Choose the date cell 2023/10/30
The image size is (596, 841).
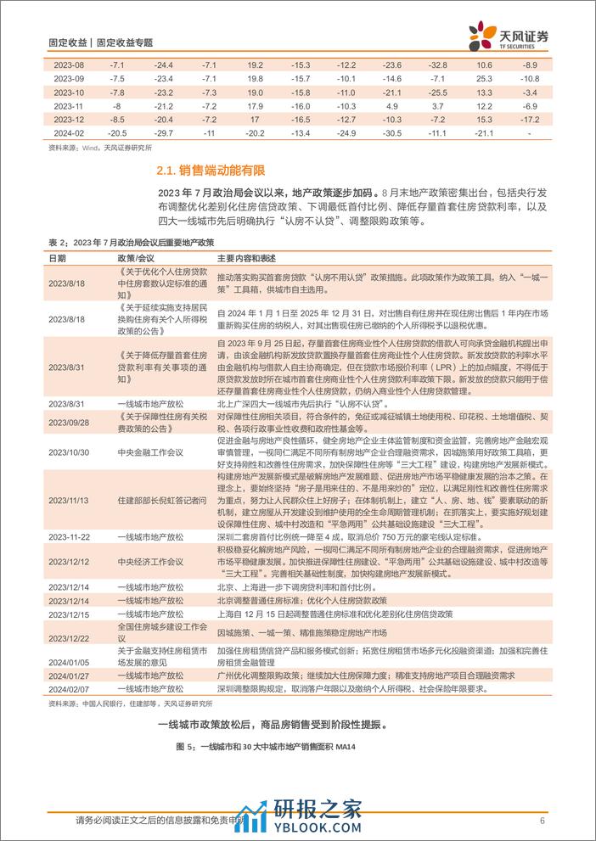coord(68,452)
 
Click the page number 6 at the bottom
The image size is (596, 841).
coord(542,820)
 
